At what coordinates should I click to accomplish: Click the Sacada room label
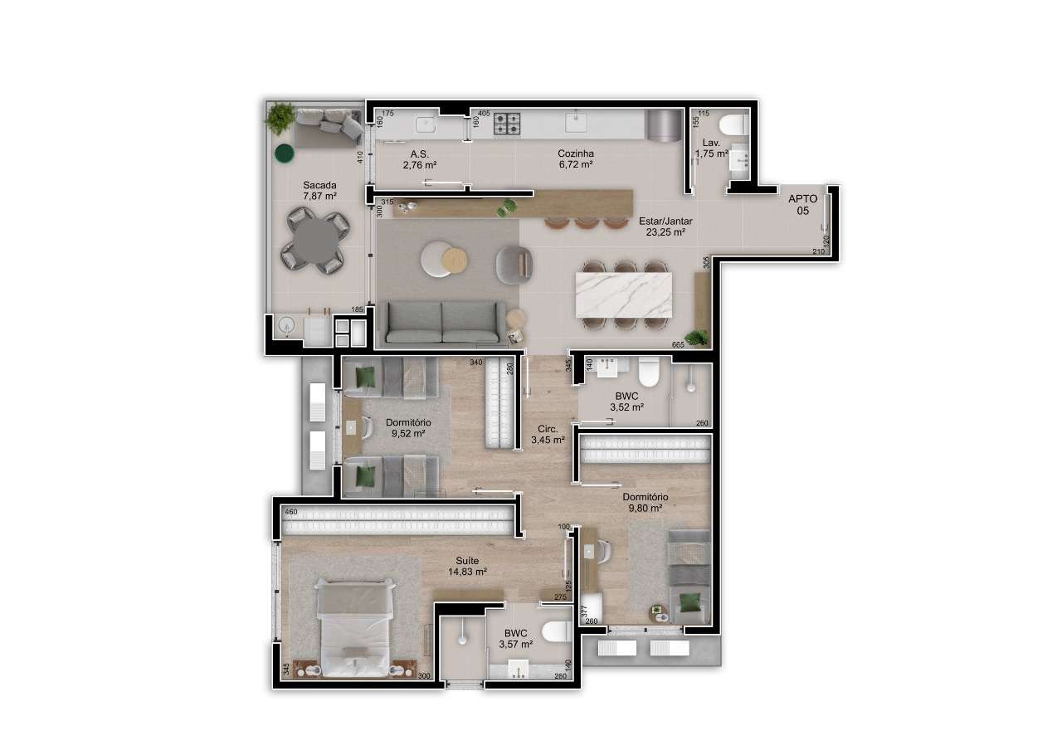(319, 190)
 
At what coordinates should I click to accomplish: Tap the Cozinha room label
(576, 158)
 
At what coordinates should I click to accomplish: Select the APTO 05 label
(802, 205)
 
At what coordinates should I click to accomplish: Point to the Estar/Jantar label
(665, 226)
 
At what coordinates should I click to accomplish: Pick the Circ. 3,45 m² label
(548, 434)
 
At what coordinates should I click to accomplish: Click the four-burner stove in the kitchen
(507, 124)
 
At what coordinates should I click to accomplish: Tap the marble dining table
(623, 294)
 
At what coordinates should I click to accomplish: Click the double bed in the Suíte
(354, 628)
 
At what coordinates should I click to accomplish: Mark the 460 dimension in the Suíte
(290, 513)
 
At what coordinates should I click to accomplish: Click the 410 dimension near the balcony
(359, 158)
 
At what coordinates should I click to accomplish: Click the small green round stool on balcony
(285, 153)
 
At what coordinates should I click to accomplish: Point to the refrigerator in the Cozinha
(661, 124)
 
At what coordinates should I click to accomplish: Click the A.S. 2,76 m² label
(419, 159)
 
